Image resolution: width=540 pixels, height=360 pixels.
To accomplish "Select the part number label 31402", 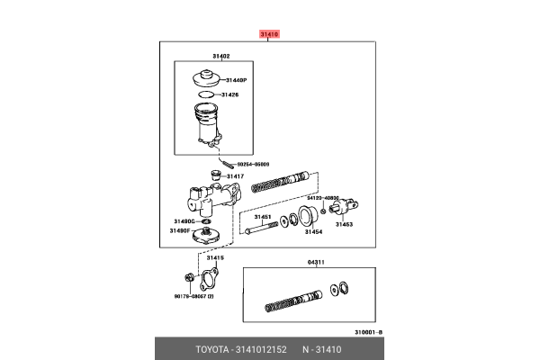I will [x=221, y=56].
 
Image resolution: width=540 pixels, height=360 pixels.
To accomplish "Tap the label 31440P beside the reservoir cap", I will [x=236, y=80].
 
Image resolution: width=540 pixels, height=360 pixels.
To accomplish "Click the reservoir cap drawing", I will [x=205, y=77].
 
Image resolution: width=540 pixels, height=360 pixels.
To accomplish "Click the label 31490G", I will [x=184, y=220].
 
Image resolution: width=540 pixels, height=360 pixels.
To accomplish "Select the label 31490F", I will [x=181, y=230].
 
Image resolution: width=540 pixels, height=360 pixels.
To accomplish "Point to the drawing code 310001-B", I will [x=367, y=331].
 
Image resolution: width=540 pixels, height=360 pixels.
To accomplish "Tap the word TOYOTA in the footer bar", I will [x=214, y=348].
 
